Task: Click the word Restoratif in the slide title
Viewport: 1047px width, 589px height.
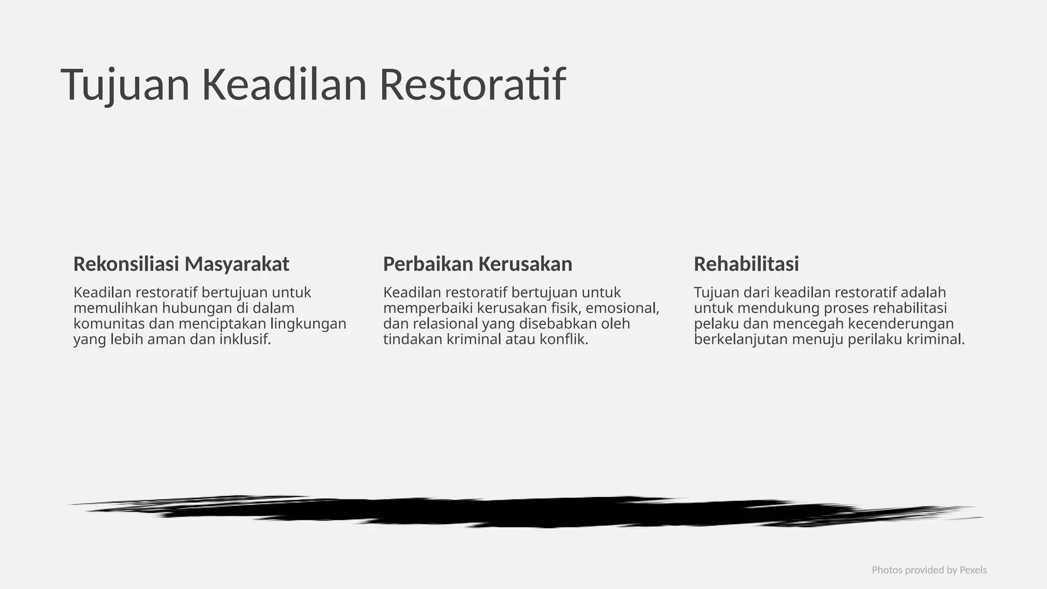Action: [x=472, y=85]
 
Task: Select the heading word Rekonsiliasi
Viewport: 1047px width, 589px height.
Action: [x=126, y=264]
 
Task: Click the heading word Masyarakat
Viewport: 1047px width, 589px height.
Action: [x=237, y=264]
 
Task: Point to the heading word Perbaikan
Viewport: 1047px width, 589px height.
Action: [x=428, y=264]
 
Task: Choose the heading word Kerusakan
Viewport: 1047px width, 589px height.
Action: [x=525, y=264]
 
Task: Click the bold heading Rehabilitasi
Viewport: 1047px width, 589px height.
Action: [x=746, y=264]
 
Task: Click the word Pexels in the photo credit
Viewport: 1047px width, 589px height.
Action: [x=973, y=570]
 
